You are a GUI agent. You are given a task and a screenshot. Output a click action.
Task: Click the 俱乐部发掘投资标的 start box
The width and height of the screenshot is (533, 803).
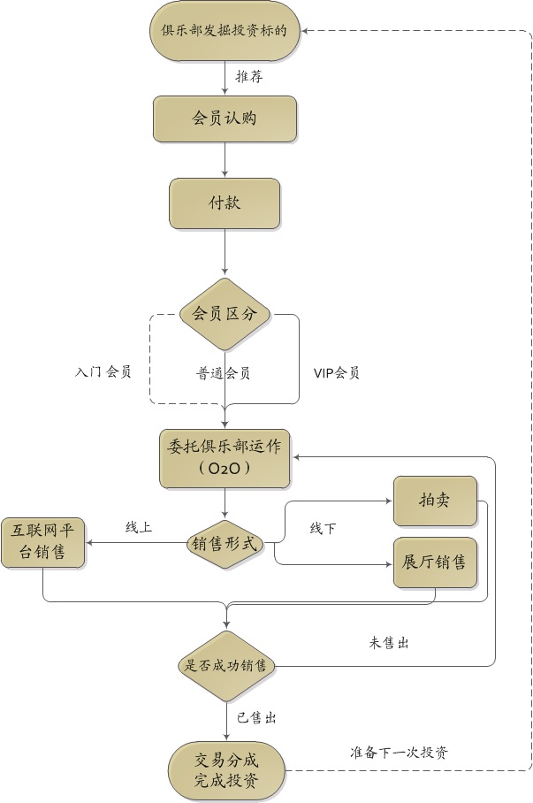pyautogui.click(x=225, y=31)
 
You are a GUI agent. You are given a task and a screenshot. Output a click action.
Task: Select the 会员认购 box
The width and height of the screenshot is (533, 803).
pyautogui.click(x=225, y=119)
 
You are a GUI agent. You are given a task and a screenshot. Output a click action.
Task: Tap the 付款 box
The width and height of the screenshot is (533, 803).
pyautogui.click(x=225, y=203)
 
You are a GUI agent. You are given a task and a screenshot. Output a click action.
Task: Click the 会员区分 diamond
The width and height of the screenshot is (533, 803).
pyautogui.click(x=225, y=314)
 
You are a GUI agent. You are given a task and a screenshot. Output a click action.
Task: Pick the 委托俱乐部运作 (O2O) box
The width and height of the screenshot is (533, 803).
pyautogui.click(x=225, y=458)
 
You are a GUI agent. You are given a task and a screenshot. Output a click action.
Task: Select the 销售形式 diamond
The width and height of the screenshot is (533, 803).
pyautogui.click(x=225, y=544)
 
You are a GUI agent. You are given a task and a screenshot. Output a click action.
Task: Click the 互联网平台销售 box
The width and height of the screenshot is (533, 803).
pyautogui.click(x=42, y=543)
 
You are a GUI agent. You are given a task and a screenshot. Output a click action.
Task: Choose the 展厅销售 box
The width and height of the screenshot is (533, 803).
pyautogui.click(x=435, y=562)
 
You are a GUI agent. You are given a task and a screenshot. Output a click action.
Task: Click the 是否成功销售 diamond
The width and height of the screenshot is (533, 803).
pyautogui.click(x=225, y=666)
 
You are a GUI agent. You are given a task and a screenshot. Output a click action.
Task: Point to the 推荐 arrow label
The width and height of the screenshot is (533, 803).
pyautogui.click(x=248, y=77)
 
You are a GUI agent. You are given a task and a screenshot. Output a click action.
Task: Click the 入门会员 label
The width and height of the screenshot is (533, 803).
pyautogui.click(x=103, y=372)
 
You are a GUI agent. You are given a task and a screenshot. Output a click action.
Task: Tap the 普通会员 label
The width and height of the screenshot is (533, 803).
pyautogui.click(x=224, y=373)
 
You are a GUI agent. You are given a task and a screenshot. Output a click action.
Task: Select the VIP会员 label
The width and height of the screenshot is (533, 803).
pyautogui.click(x=337, y=373)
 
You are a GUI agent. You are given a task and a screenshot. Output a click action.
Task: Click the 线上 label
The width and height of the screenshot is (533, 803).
pyautogui.click(x=139, y=528)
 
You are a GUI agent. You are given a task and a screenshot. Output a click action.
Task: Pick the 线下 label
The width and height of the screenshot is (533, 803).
pyautogui.click(x=323, y=529)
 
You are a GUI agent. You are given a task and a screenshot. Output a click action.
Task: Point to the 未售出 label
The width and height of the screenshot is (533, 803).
pyautogui.click(x=388, y=643)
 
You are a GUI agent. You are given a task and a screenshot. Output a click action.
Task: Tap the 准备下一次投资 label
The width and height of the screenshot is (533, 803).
pyautogui.click(x=399, y=753)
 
